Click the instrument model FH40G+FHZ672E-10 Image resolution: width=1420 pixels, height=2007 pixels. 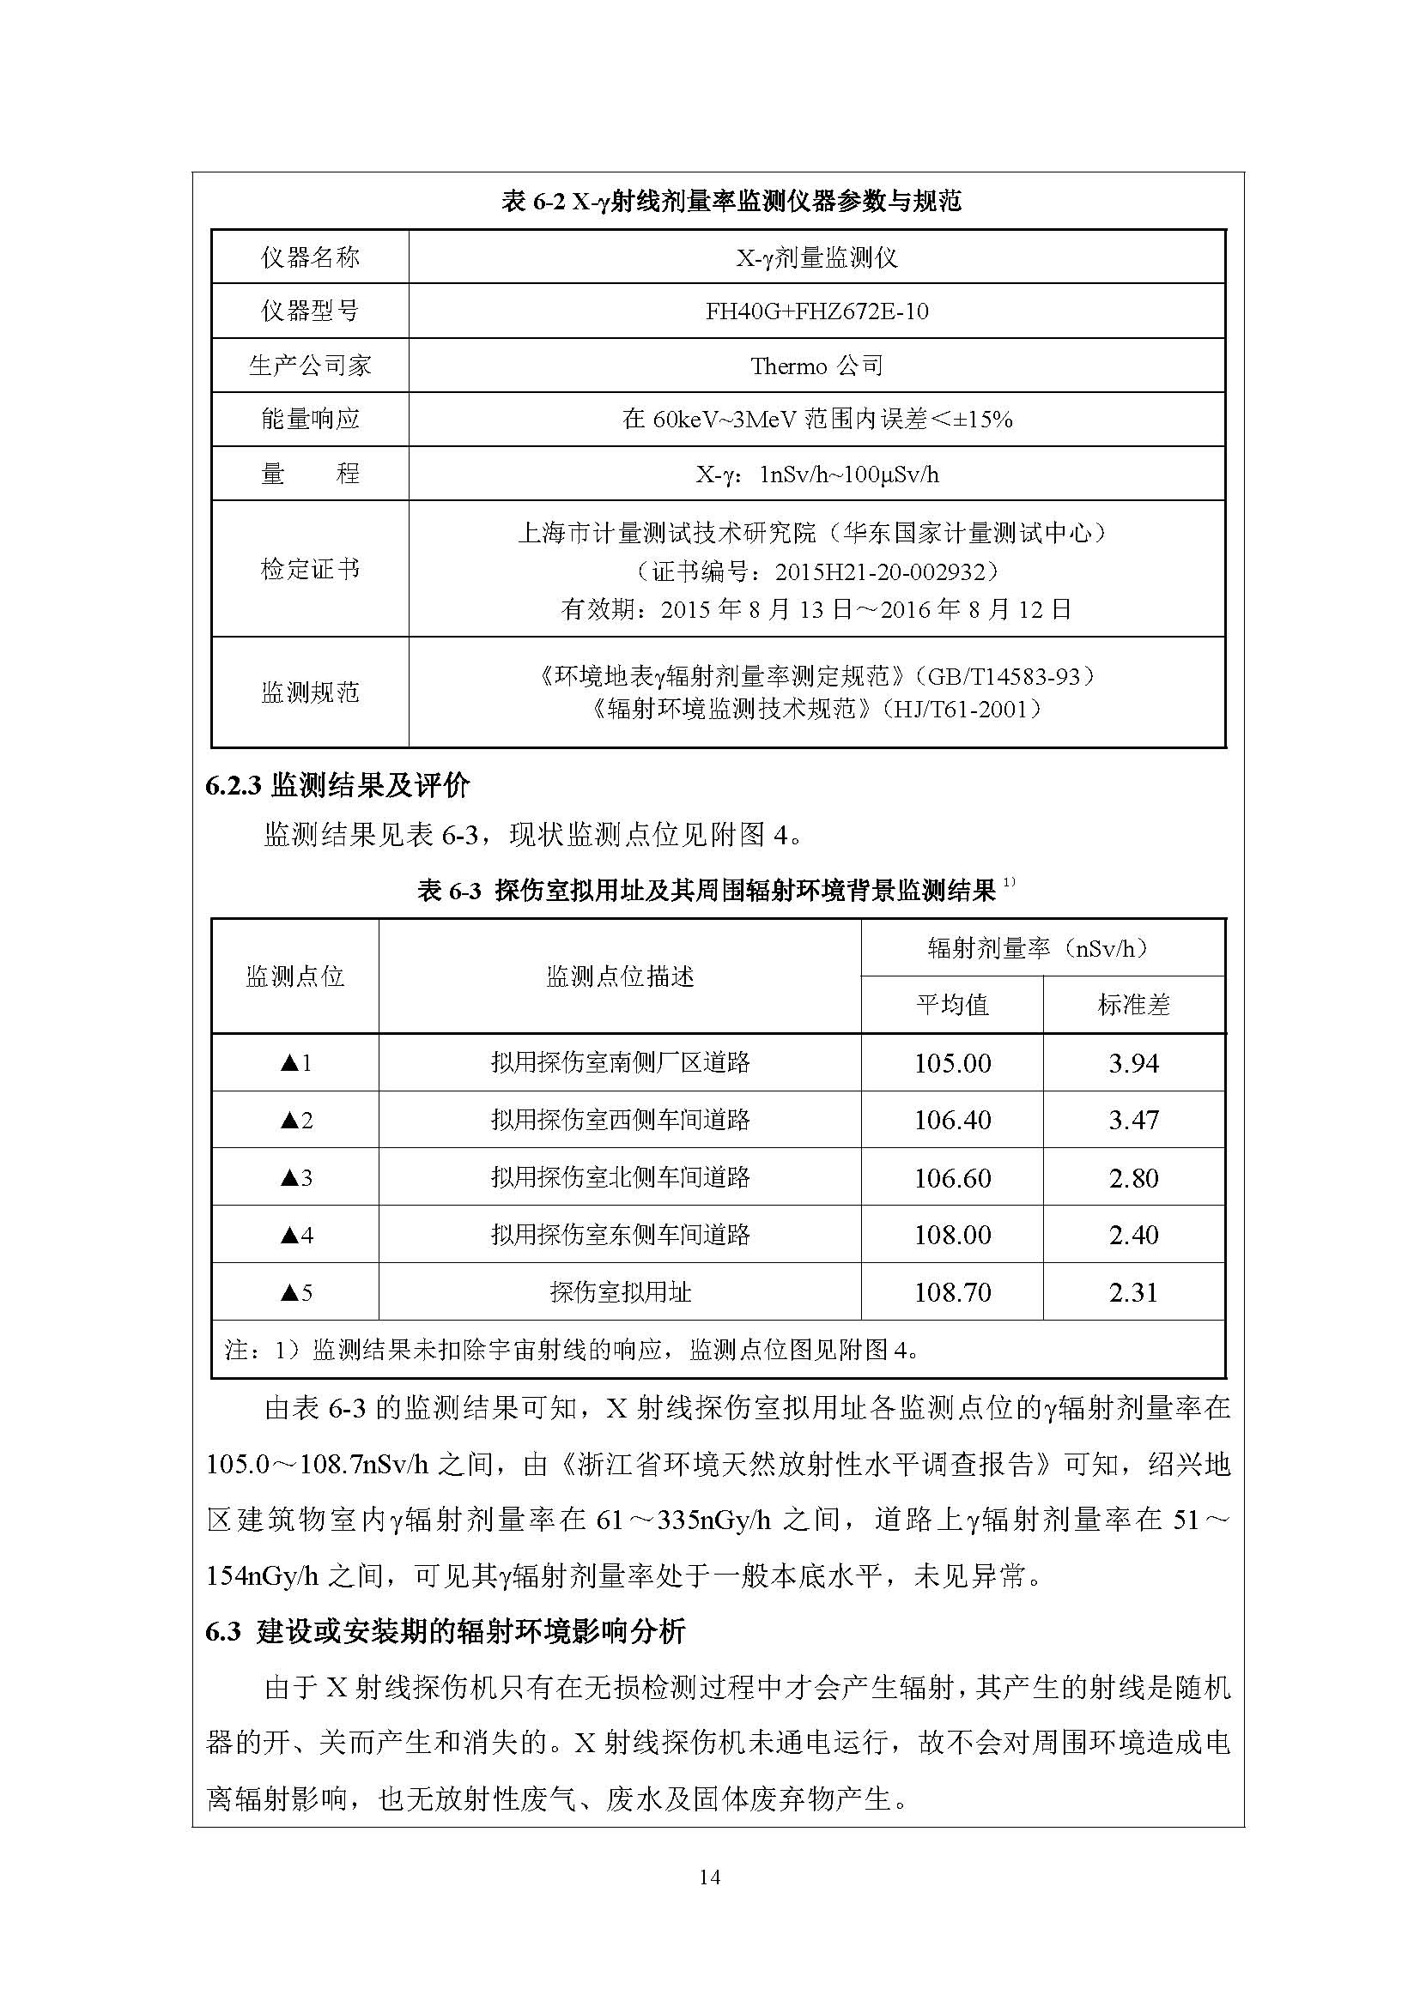coord(816,311)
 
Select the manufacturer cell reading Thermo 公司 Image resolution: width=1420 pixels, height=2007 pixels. coord(816,366)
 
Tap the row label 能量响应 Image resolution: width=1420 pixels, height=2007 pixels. coord(310,420)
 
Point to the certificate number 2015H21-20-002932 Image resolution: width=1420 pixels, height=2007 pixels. coord(885,571)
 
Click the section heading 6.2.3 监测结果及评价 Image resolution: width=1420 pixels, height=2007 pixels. coord(337,786)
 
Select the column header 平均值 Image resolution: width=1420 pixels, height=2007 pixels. coord(951,1005)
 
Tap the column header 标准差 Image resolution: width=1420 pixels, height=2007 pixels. coord(1133,1005)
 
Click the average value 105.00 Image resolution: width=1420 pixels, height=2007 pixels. coord(952,1063)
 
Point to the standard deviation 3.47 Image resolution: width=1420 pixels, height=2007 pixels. coord(1133,1120)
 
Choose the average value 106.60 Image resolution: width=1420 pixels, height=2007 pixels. coord(952,1177)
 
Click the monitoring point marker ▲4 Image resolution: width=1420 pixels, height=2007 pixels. coord(295,1234)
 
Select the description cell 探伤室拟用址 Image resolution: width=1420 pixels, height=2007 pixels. coord(620,1292)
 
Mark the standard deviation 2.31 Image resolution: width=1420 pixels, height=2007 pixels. coord(1133,1292)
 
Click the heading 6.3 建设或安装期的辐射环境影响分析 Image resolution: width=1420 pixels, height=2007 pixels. coord(445,1631)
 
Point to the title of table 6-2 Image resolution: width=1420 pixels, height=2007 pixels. coord(731,201)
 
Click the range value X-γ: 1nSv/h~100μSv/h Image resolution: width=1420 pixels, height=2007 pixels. coord(816,475)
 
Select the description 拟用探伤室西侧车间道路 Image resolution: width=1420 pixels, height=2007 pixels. coord(620,1120)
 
